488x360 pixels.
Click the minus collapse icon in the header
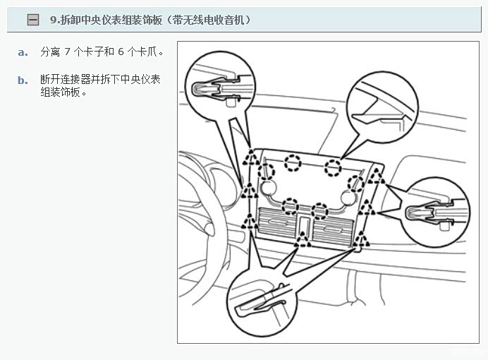pos(33,20)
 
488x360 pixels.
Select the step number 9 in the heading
pos(53,20)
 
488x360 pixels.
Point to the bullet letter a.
pos(23,52)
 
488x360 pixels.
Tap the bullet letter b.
pos(23,80)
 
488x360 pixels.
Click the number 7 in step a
pos(67,52)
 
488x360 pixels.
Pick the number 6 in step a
pos(121,52)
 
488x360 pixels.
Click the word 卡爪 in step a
pos(147,52)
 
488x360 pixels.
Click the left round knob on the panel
pos(268,188)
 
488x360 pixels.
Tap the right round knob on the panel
pos(348,198)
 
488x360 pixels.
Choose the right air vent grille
pos(333,230)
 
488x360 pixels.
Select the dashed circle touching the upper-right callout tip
pos(333,167)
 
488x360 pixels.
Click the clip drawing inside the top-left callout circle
pos(221,88)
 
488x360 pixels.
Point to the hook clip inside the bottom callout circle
pos(261,302)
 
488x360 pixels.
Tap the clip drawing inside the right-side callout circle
pos(435,212)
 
